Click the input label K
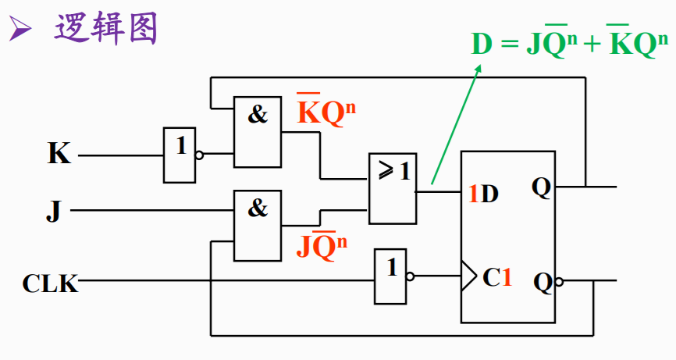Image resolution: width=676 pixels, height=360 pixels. pos(59,153)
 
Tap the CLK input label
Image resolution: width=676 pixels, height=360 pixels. pos(50,283)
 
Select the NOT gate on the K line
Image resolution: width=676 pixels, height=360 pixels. pos(180,155)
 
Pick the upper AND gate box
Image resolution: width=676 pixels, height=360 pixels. pos(258,132)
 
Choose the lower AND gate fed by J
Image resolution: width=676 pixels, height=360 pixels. pos(258,226)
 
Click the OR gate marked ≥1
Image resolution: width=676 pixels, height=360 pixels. pos(393,187)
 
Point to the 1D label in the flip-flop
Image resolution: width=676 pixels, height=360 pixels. pos(482,194)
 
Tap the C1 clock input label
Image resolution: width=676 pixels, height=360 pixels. pos(496,276)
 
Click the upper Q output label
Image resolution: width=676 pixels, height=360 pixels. pos(541,187)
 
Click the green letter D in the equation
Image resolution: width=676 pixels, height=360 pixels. pos(482,45)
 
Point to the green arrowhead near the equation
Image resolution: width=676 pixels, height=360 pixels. pos(479,70)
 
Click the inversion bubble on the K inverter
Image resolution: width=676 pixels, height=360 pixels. pos(199,155)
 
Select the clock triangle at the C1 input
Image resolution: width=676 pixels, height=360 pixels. pos(467,275)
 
